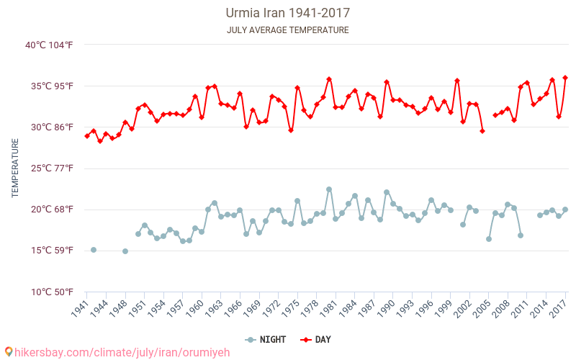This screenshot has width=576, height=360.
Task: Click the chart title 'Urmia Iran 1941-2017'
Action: [x=288, y=13]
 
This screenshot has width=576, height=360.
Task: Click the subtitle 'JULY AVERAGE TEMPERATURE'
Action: [x=288, y=30]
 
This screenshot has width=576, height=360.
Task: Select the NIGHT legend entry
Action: [x=266, y=339]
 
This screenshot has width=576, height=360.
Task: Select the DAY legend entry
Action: [x=315, y=339]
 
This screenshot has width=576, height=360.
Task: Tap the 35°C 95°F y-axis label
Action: [x=51, y=86]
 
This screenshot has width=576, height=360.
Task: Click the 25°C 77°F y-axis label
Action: [x=51, y=168]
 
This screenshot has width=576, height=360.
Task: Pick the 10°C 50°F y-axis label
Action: [x=50, y=292]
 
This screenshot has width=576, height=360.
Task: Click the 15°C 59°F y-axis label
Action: [x=51, y=251]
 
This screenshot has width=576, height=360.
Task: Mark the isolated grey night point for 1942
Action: [x=94, y=250]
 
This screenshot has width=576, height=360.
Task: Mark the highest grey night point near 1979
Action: [x=329, y=189]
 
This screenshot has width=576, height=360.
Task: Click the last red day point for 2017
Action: [x=565, y=78]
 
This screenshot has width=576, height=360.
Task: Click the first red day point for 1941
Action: [x=87, y=135]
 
